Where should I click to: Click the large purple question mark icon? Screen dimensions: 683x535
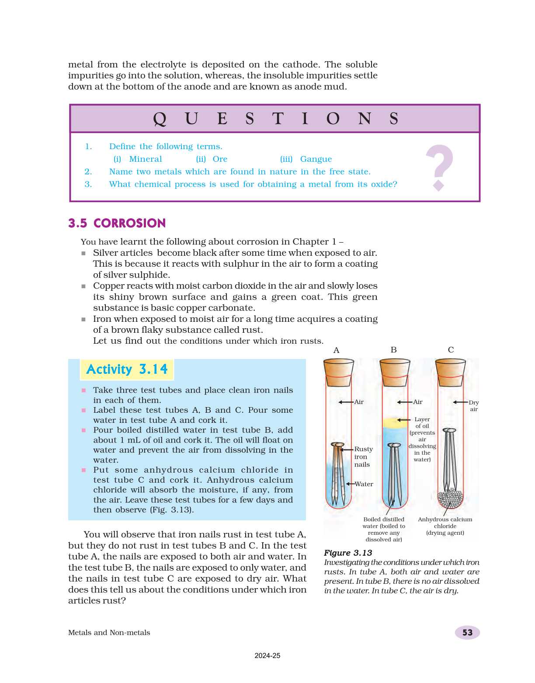[439, 167]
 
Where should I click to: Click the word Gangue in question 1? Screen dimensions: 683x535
[316, 159]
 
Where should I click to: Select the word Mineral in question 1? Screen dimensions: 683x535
[146, 159]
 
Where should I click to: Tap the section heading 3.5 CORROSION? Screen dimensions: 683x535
[117, 223]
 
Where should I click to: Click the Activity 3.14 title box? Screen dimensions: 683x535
[127, 369]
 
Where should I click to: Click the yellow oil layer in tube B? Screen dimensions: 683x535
[395, 422]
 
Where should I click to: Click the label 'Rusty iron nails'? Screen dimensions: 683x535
[363, 457]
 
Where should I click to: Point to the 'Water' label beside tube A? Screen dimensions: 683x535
[364, 484]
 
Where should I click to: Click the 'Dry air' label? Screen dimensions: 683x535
[474, 406]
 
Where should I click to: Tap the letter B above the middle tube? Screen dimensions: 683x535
[393, 350]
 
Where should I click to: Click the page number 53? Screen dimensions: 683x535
[467, 633]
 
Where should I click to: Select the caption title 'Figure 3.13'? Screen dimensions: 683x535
[348, 553]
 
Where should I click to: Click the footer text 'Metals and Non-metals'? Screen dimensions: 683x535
[109, 633]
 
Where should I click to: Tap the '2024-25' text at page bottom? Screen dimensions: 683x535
[267, 655]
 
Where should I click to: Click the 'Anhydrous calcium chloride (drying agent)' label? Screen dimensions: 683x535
[445, 526]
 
